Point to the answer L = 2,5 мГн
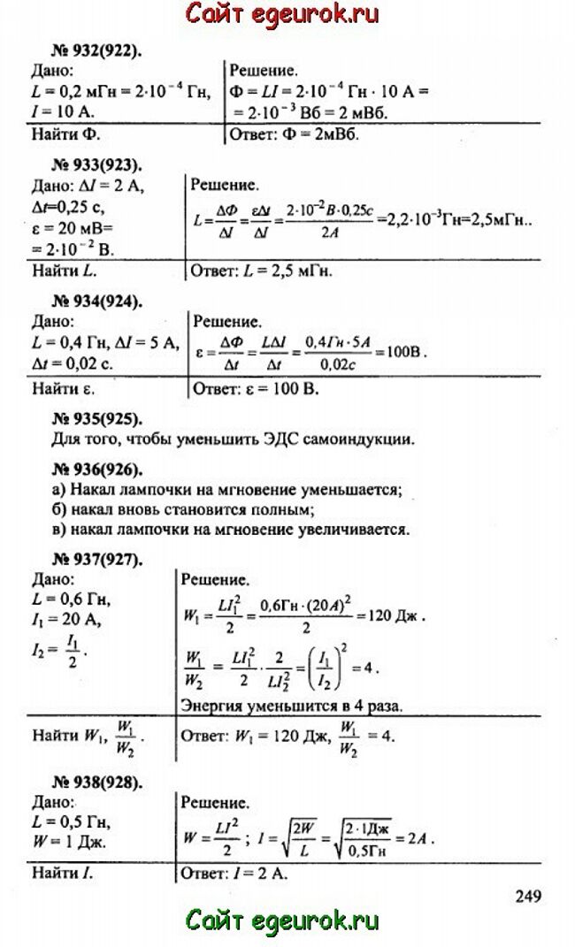(x=262, y=270)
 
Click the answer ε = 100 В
(x=256, y=388)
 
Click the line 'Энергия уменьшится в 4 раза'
(x=292, y=706)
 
